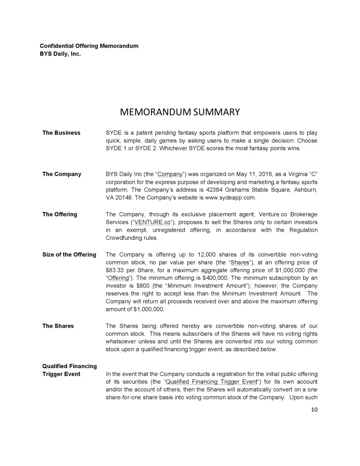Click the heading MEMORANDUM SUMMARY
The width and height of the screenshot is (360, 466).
pyautogui.click(x=179, y=111)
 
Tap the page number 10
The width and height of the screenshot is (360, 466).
pyautogui.click(x=314, y=409)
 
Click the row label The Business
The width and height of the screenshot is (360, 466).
pyautogui.click(x=61, y=133)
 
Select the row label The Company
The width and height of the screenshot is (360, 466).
pyautogui.click(x=61, y=174)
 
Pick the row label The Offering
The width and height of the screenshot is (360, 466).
pyautogui.click(x=60, y=214)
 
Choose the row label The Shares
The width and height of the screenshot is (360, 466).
pyautogui.click(x=58, y=326)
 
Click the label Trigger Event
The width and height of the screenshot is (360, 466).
pyautogui.click(x=61, y=374)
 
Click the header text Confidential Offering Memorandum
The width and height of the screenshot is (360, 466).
pyautogui.click(x=89, y=46)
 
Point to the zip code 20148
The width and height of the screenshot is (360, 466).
pyautogui.click(x=123, y=198)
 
